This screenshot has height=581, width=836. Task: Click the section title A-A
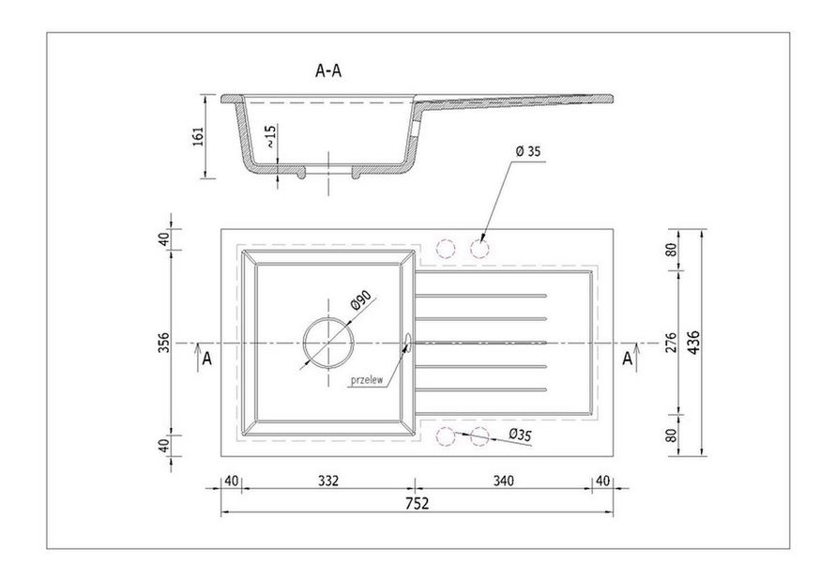(x=328, y=70)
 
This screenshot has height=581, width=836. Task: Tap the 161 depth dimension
(x=198, y=136)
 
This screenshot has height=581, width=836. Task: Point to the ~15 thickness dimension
(x=270, y=136)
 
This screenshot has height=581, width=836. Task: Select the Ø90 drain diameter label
(x=361, y=301)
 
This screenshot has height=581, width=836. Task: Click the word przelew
(x=367, y=380)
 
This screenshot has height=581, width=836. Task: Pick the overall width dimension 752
(x=417, y=503)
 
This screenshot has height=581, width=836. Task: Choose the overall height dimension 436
(x=693, y=342)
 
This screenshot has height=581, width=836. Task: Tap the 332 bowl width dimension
(x=328, y=481)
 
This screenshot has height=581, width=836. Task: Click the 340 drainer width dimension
(x=503, y=481)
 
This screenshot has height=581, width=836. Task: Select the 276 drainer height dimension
(x=671, y=342)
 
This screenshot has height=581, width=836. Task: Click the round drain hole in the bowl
(x=328, y=343)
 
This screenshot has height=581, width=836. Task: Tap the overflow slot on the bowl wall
(x=408, y=343)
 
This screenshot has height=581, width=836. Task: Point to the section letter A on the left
(x=206, y=359)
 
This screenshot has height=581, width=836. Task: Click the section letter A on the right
(x=628, y=359)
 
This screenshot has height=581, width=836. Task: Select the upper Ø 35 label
(x=528, y=151)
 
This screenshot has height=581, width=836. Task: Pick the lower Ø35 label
(x=521, y=435)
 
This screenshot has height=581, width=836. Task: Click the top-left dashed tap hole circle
(x=446, y=249)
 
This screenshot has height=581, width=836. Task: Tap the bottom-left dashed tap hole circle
(x=446, y=436)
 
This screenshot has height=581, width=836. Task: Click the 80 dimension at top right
(x=671, y=249)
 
